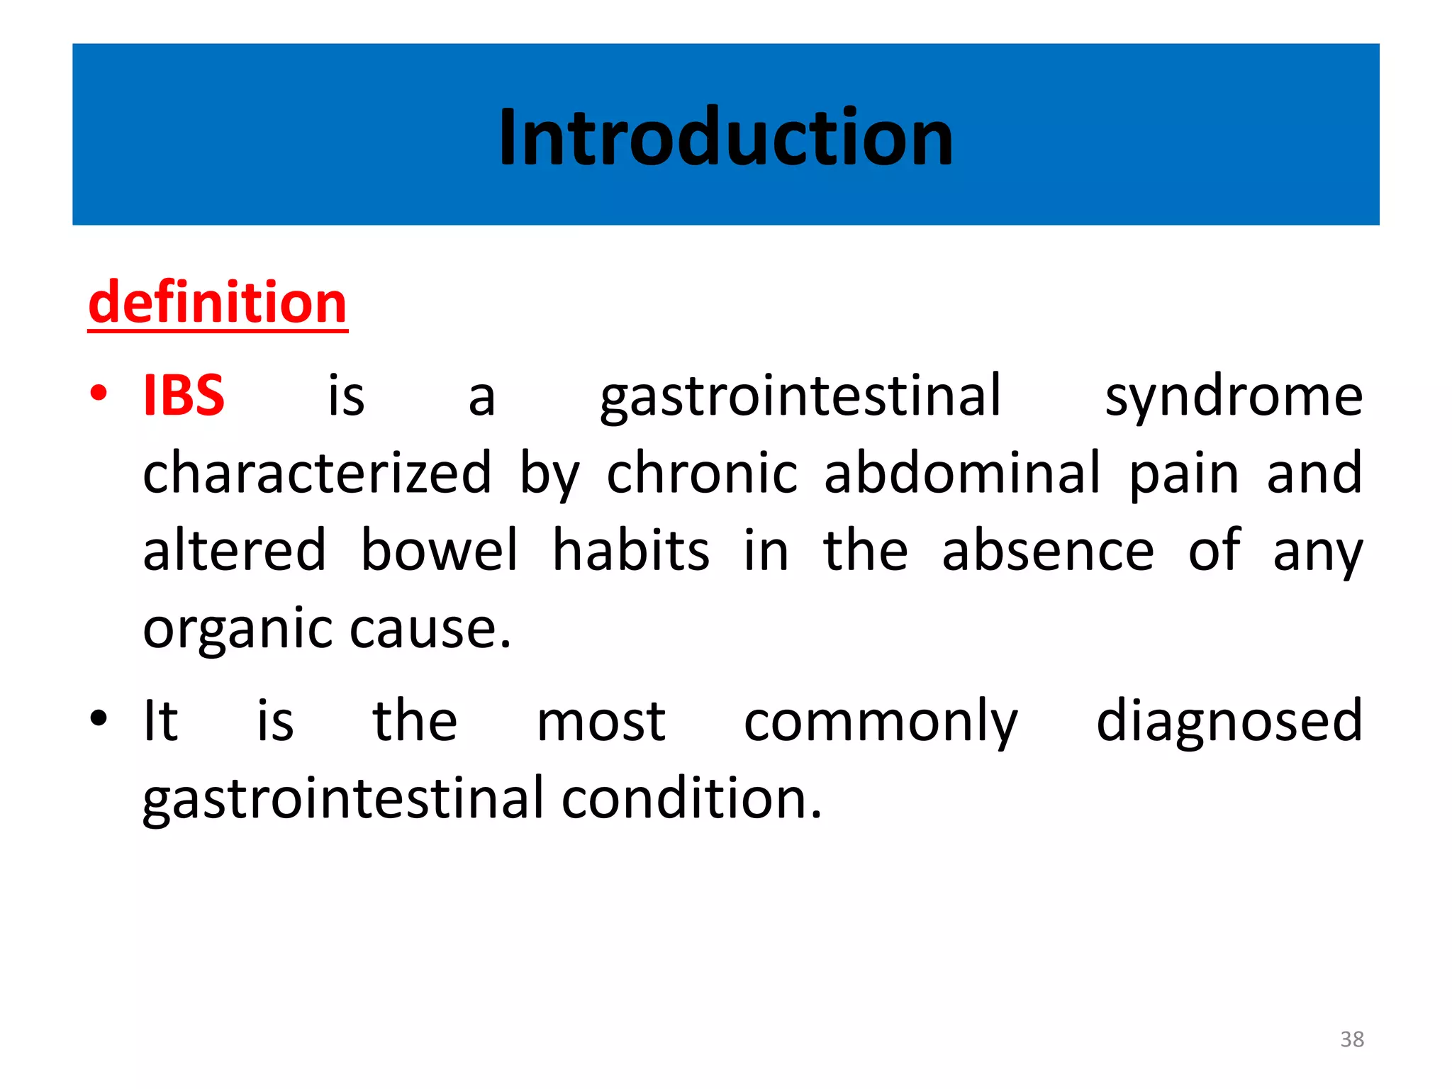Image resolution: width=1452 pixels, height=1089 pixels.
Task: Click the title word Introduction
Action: [x=726, y=137]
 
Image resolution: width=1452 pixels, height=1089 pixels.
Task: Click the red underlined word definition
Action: [x=218, y=303]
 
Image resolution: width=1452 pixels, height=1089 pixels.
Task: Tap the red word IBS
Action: [x=184, y=396]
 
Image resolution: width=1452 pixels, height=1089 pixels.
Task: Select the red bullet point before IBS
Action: [x=99, y=392]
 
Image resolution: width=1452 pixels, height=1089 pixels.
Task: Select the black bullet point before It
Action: [x=99, y=717]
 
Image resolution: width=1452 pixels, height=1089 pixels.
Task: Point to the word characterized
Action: [x=317, y=473]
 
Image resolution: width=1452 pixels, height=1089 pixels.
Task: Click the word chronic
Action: [x=702, y=473]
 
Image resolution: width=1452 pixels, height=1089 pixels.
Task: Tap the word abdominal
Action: [x=963, y=473]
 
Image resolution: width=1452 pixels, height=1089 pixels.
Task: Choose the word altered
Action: [x=235, y=550]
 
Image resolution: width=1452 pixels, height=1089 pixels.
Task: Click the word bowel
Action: [x=440, y=550]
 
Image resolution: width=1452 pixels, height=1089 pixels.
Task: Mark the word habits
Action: [x=630, y=550]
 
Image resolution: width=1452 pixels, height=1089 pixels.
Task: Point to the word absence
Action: [x=1048, y=552]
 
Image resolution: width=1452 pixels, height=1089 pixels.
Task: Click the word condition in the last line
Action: [x=691, y=799]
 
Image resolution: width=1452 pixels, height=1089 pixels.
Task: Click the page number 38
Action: [x=1352, y=1039]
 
